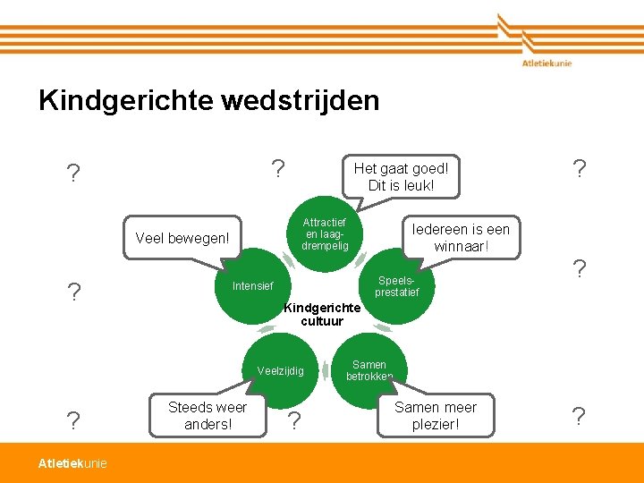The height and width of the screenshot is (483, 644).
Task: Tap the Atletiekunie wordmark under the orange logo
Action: [x=547, y=63]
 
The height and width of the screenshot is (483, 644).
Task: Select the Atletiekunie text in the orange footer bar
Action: [x=72, y=462]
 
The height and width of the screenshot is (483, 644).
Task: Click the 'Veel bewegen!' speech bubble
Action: [x=182, y=239]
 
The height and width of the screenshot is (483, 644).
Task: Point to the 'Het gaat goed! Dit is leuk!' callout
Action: [x=401, y=176]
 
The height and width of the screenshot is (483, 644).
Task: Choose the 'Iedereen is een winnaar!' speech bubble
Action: [x=460, y=237]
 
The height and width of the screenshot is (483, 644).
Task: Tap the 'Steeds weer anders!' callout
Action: [x=208, y=416]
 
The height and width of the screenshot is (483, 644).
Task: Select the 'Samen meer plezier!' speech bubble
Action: [x=436, y=416]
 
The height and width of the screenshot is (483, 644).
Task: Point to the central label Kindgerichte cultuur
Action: [x=322, y=315]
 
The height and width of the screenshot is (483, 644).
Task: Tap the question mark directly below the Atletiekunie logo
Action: [x=580, y=167]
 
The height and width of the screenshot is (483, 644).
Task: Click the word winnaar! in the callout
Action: [x=461, y=246]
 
